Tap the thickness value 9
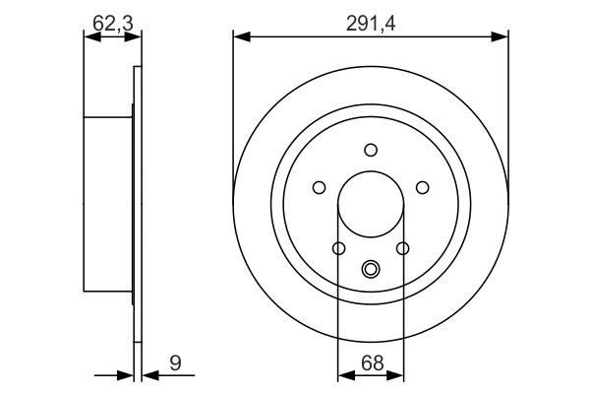point(175,362)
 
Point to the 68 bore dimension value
point(370,362)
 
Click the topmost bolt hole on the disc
point(371,150)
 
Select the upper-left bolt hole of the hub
point(319,187)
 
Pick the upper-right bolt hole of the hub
point(423,187)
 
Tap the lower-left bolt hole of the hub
point(338,248)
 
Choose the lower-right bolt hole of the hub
point(403,248)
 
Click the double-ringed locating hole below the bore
point(371,268)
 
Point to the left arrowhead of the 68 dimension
point(345,374)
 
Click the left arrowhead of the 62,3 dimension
point(91,37)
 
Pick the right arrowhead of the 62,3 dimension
point(135,37)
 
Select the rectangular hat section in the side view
point(108,204)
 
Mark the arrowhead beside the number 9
point(148,374)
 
